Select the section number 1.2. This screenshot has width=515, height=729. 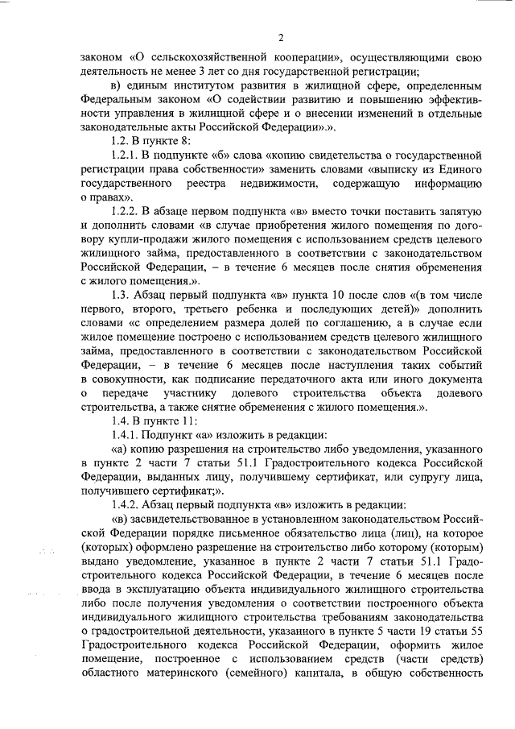(123, 142)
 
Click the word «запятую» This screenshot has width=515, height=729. (456, 212)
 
